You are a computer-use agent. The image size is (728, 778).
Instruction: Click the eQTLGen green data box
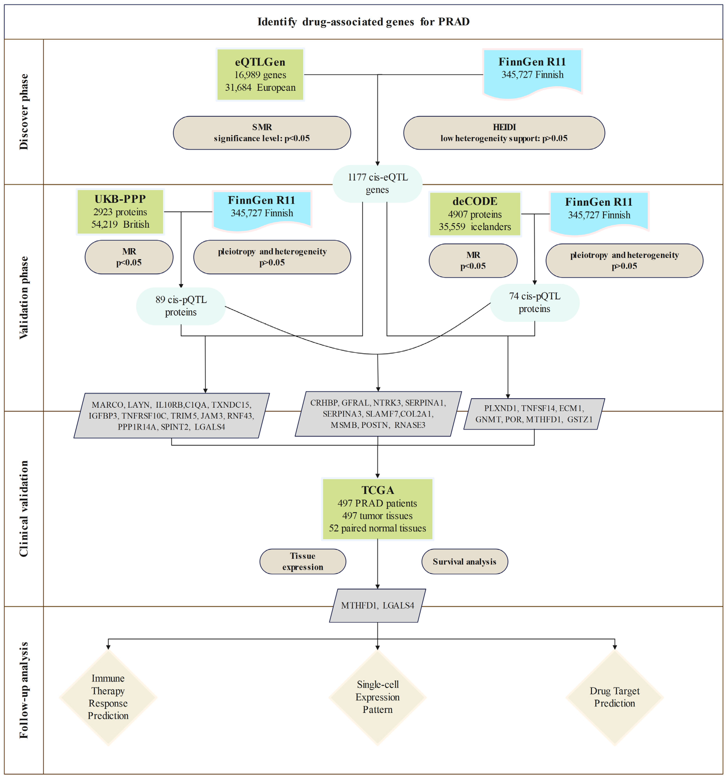(260, 74)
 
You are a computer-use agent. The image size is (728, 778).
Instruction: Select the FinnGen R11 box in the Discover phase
(532, 70)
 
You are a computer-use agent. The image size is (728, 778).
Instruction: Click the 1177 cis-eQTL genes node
(377, 184)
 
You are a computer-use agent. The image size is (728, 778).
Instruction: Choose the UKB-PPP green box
(120, 212)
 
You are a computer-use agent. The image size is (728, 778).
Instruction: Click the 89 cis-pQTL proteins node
(181, 306)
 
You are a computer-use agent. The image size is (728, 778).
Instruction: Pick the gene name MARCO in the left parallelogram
(107, 405)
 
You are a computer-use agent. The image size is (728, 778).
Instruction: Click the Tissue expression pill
(303, 561)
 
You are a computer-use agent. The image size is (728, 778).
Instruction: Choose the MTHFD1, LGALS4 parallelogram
(377, 605)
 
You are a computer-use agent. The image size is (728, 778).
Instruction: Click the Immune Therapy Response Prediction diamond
(108, 697)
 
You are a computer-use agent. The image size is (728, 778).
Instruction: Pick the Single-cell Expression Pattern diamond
(377, 697)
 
